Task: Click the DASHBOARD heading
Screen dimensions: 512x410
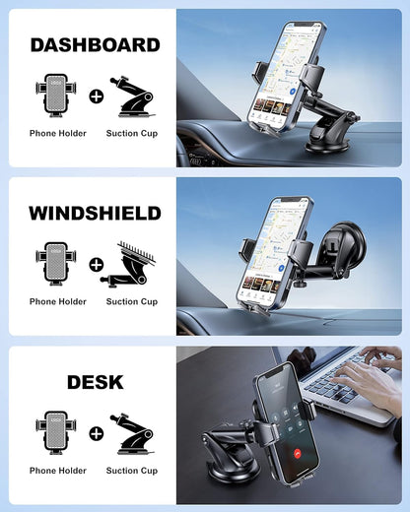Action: (x=95, y=44)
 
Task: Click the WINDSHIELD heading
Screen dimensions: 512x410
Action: (x=95, y=213)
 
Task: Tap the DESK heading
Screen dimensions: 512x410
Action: (x=95, y=382)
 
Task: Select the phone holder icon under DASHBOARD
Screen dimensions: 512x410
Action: (x=58, y=96)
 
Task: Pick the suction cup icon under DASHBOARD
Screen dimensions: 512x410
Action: (x=132, y=96)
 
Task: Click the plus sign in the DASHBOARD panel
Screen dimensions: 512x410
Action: (x=96, y=96)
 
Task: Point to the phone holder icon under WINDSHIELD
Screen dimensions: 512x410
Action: (x=58, y=264)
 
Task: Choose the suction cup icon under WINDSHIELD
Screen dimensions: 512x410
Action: (x=132, y=264)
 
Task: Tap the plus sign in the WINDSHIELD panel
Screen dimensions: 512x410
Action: (x=96, y=265)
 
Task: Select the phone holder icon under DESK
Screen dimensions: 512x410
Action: (x=58, y=433)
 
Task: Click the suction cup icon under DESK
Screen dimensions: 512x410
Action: (x=132, y=433)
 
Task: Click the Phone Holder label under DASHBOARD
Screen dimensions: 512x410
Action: (x=58, y=133)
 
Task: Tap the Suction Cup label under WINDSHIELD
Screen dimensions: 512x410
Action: (x=132, y=301)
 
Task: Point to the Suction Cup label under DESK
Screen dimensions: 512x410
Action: (x=132, y=471)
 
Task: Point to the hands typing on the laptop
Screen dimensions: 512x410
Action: (x=370, y=372)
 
